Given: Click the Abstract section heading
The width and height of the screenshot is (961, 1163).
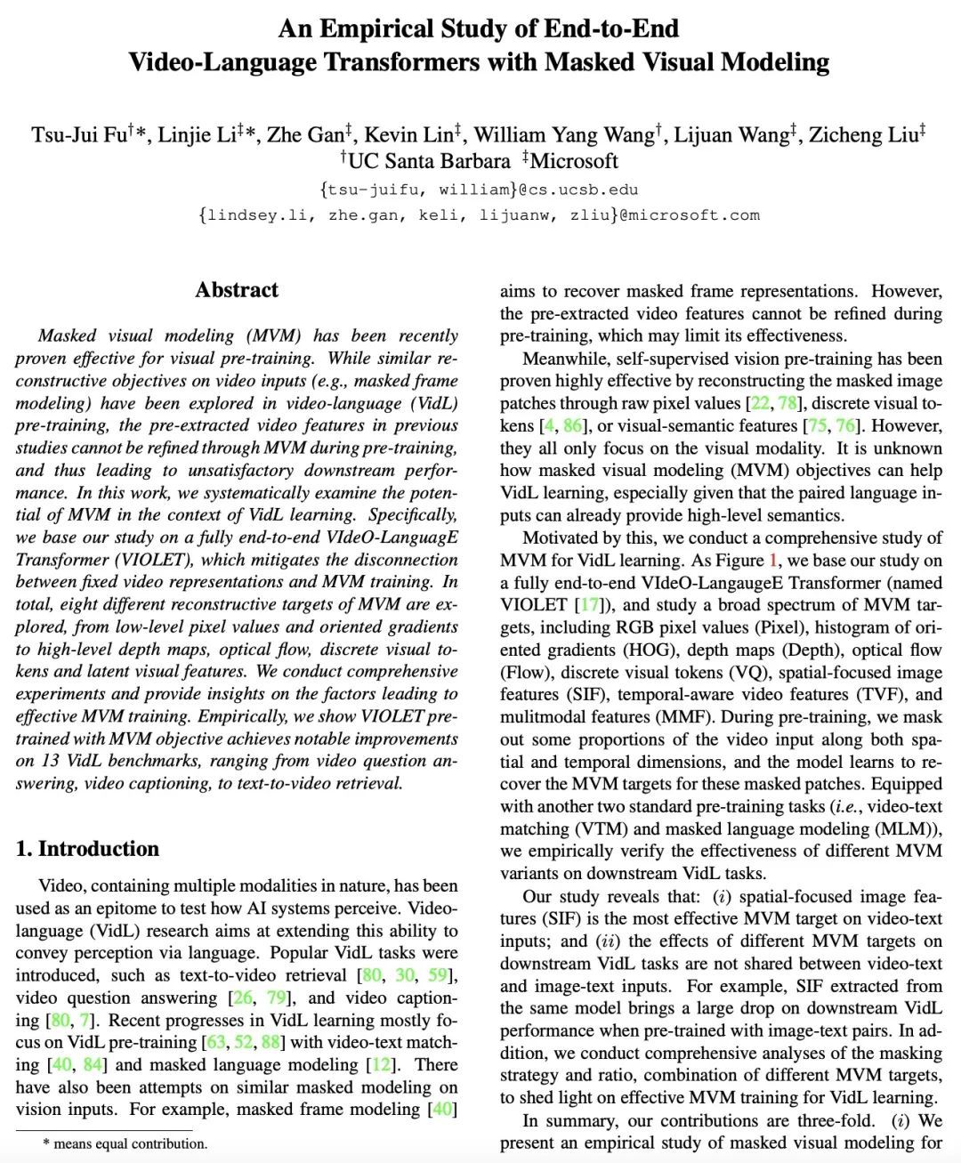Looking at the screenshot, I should [x=237, y=290].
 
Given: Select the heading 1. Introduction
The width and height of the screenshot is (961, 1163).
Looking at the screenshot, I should [x=87, y=849].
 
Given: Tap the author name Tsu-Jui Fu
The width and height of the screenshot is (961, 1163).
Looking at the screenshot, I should [x=79, y=134].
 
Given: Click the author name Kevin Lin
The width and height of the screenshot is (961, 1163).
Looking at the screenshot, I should [x=408, y=134].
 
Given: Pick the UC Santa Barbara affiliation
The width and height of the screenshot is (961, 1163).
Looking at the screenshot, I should [x=429, y=161].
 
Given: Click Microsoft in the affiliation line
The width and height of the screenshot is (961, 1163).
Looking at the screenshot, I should [x=574, y=161].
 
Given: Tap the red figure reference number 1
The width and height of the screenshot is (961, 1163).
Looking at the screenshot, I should [x=773, y=561].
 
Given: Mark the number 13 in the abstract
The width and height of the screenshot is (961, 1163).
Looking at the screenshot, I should [x=50, y=761].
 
